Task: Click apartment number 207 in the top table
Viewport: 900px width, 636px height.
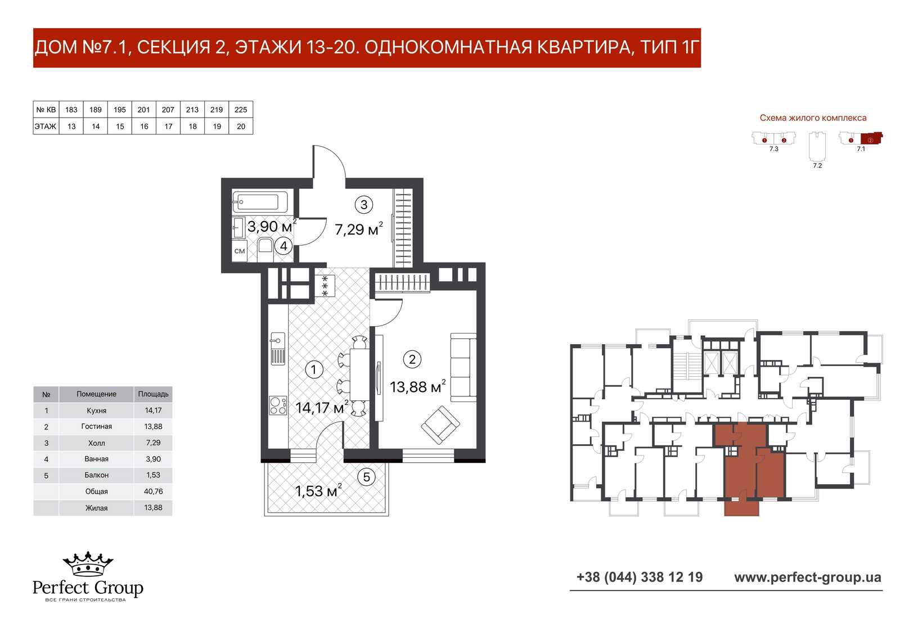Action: [x=168, y=110]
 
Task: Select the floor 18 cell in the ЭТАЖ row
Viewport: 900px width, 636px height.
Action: [x=192, y=127]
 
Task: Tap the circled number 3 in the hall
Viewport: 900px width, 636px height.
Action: [x=363, y=205]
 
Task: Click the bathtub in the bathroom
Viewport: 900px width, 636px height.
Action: [x=260, y=201]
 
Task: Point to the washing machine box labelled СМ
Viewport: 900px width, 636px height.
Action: [x=240, y=251]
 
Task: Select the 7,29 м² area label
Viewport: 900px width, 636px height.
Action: [x=358, y=229]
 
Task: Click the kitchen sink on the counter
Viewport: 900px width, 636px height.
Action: [x=278, y=348]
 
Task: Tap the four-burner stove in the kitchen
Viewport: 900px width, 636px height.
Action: [x=278, y=405]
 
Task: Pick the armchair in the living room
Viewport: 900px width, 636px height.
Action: [x=440, y=425]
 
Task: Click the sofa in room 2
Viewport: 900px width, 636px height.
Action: [x=463, y=367]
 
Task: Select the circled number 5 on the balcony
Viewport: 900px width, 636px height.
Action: [x=366, y=477]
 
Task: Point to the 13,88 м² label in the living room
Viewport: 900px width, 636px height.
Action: [x=417, y=386]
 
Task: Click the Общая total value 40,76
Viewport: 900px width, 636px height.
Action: [x=153, y=491]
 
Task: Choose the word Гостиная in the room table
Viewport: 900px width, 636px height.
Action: [x=96, y=426]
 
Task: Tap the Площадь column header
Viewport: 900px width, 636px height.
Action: [x=153, y=394]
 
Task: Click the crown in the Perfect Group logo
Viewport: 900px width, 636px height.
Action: [x=88, y=563]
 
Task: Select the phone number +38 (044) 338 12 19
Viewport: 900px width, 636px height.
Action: [x=640, y=577]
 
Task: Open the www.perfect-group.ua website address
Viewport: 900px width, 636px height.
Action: [x=808, y=578]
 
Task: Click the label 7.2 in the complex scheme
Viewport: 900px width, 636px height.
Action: [x=817, y=165]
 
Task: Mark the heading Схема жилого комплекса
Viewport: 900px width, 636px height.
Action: [x=813, y=118]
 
